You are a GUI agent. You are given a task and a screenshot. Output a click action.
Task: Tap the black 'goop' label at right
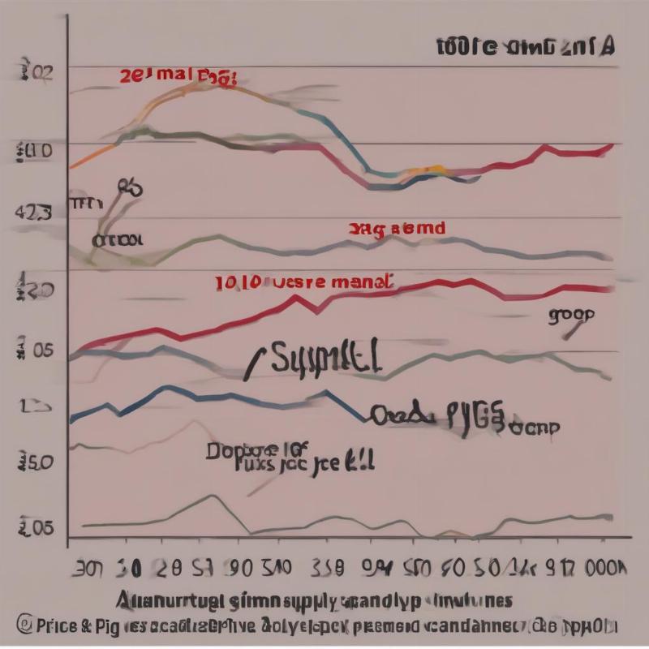click(x=570, y=315)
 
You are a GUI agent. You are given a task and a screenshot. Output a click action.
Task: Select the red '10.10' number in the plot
click(x=239, y=283)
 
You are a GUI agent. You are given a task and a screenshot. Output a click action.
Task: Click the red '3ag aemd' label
click(x=397, y=229)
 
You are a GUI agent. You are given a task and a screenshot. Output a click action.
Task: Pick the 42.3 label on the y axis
click(x=33, y=213)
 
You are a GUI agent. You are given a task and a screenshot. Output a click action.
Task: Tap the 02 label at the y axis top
click(x=36, y=73)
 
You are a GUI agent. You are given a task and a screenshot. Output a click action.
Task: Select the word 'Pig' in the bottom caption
click(x=109, y=625)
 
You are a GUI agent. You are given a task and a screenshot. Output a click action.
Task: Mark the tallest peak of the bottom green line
click(x=212, y=496)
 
